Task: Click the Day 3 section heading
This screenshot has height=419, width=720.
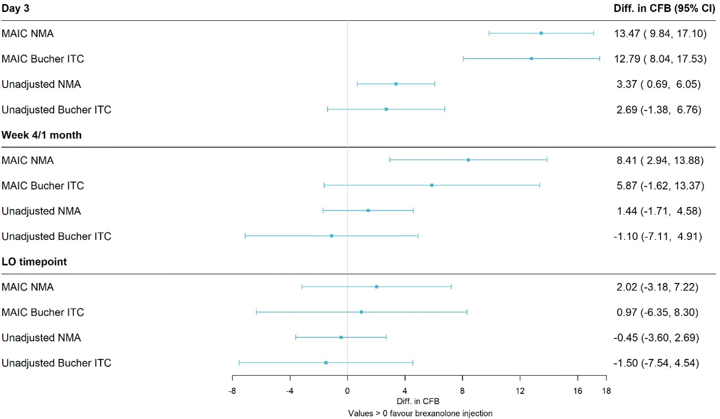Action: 15,9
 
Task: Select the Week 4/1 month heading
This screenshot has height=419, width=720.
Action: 41,135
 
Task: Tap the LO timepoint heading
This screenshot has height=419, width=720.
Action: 34,262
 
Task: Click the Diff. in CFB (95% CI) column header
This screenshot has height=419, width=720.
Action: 664,9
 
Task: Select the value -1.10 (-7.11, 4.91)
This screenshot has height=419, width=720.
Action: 658,236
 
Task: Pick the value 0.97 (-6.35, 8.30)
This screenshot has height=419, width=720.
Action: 657,312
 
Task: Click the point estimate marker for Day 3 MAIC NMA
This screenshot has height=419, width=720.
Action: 541,33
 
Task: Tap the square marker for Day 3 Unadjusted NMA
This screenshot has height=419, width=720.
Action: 396,84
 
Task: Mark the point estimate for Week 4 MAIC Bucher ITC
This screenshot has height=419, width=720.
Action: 432,185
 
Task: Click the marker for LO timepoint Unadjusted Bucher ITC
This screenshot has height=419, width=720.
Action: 326,363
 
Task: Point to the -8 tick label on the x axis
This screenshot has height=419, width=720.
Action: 232,391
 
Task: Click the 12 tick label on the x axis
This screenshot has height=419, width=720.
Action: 520,391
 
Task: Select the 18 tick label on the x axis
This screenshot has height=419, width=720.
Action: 606,391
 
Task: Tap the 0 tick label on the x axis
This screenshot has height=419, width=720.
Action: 347,391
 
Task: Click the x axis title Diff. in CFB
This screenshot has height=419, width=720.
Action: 418,401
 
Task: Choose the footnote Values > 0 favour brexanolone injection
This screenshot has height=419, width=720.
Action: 420,413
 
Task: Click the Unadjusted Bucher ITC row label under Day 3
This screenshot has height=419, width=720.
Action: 56,110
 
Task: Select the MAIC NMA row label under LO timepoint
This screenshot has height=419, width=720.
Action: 28,287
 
